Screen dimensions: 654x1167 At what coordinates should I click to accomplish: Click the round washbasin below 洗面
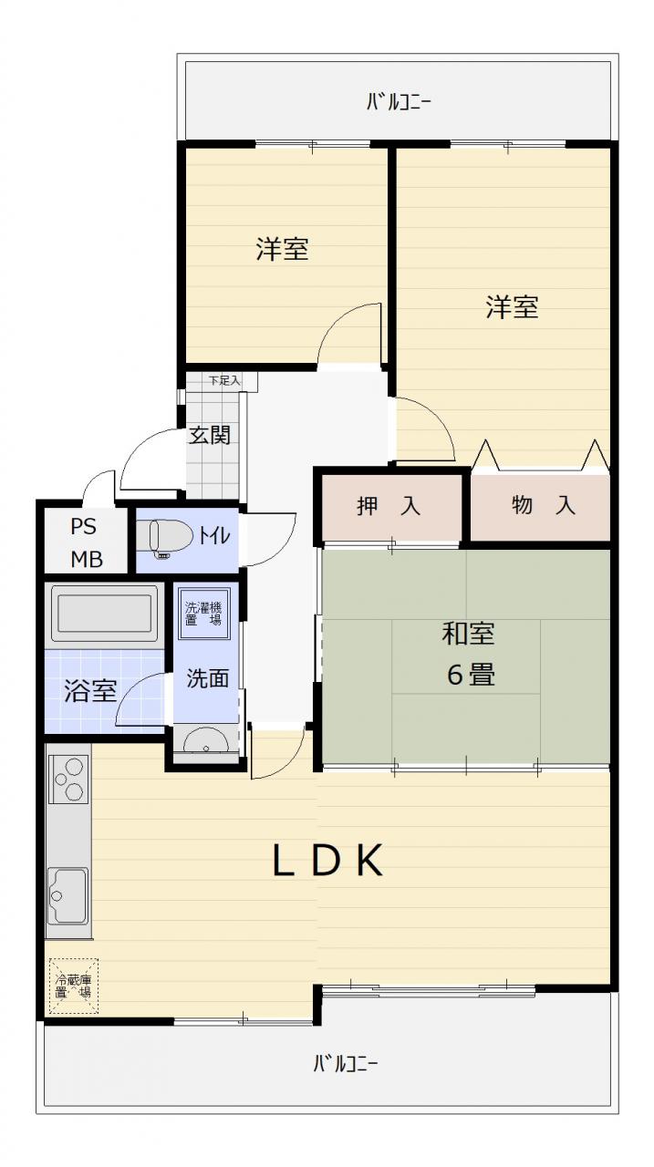[206, 740]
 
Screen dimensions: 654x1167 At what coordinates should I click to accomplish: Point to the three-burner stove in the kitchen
[68, 780]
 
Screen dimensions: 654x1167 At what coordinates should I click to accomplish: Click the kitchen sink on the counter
[67, 895]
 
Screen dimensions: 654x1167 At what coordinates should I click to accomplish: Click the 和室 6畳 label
[469, 654]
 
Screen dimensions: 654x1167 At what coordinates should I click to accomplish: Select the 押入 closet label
[389, 505]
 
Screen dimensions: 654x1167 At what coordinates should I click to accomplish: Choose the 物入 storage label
[544, 505]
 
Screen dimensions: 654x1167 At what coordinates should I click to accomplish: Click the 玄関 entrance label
[209, 435]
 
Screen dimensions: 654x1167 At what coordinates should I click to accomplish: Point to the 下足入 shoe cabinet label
[224, 380]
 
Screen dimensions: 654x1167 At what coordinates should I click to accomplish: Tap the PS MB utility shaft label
[86, 542]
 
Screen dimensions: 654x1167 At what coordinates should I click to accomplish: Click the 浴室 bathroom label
[90, 690]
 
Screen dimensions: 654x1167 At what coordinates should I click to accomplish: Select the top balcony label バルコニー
[398, 101]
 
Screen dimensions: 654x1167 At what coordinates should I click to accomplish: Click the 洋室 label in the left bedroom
[282, 249]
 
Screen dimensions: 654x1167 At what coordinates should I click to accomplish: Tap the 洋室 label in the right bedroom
[513, 306]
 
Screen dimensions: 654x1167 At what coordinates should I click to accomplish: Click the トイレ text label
[214, 535]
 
